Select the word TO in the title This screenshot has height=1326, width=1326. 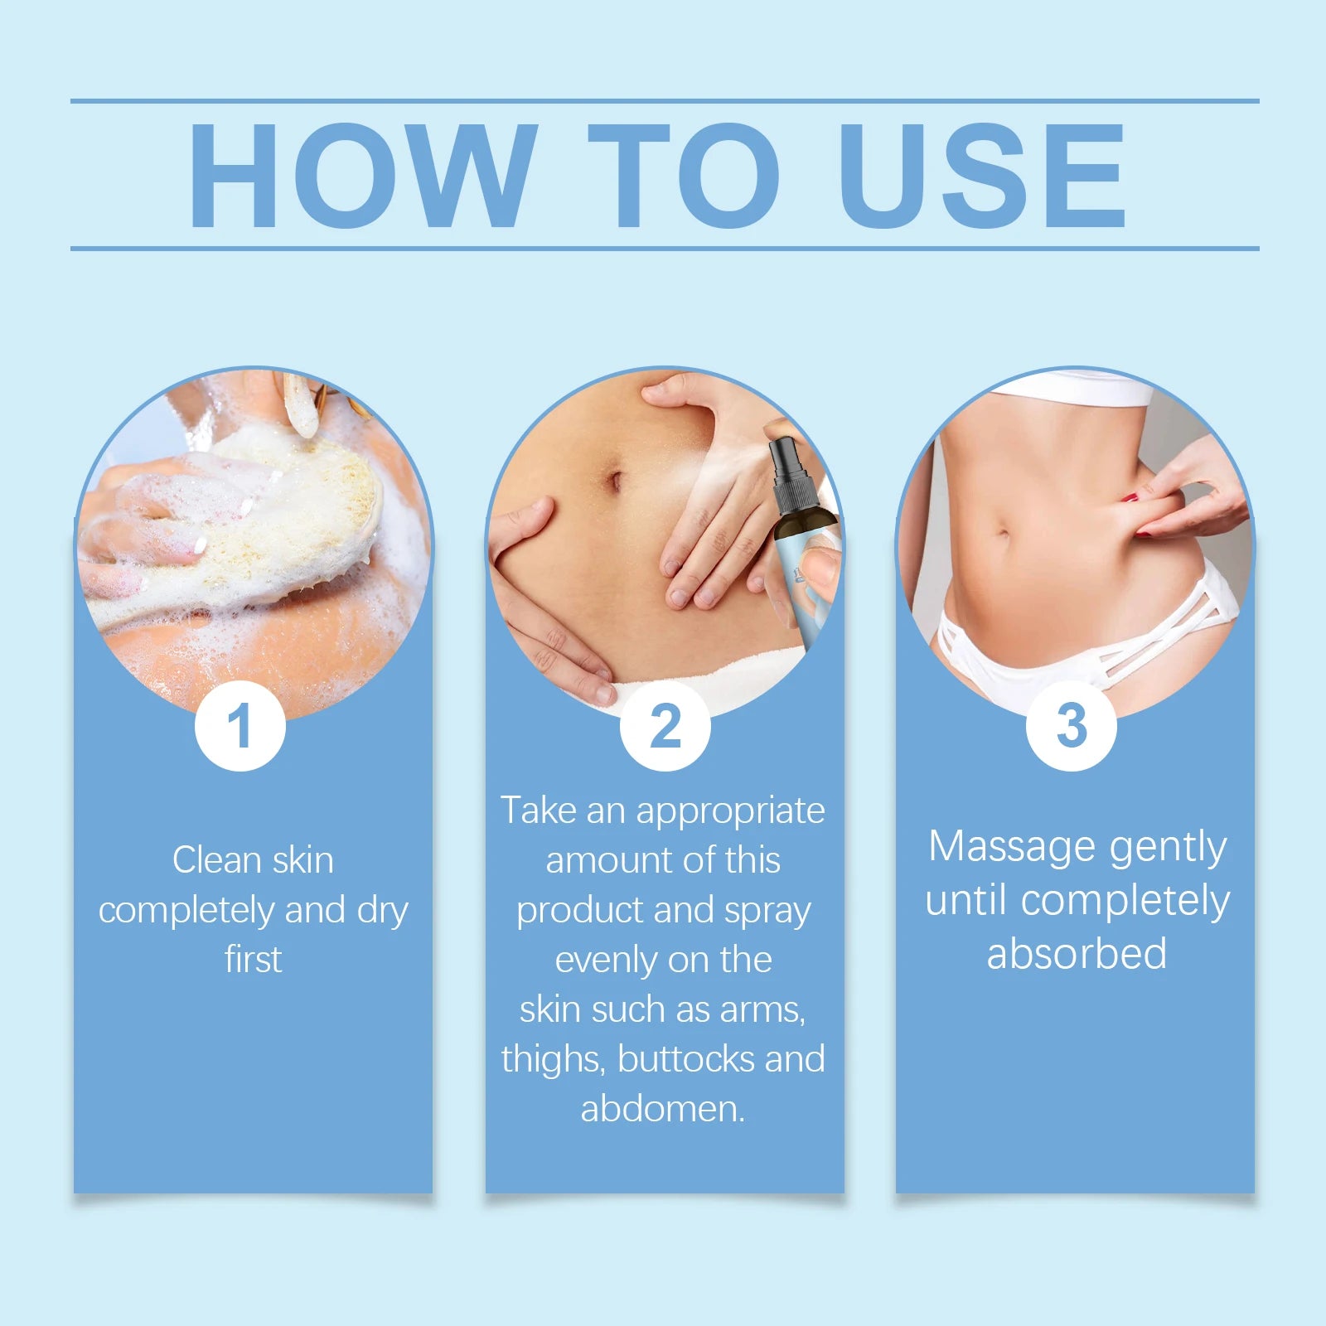click(684, 175)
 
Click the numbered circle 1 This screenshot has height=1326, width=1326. click(240, 726)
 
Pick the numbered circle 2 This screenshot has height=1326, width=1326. click(665, 726)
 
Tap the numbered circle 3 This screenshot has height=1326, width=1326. click(1072, 726)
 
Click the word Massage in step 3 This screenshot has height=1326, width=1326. click(1012, 847)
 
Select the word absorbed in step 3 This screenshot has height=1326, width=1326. click(1077, 954)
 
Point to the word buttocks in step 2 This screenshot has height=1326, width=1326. click(685, 1059)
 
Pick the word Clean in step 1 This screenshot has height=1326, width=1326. click(216, 860)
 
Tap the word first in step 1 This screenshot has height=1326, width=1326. click(254, 960)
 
